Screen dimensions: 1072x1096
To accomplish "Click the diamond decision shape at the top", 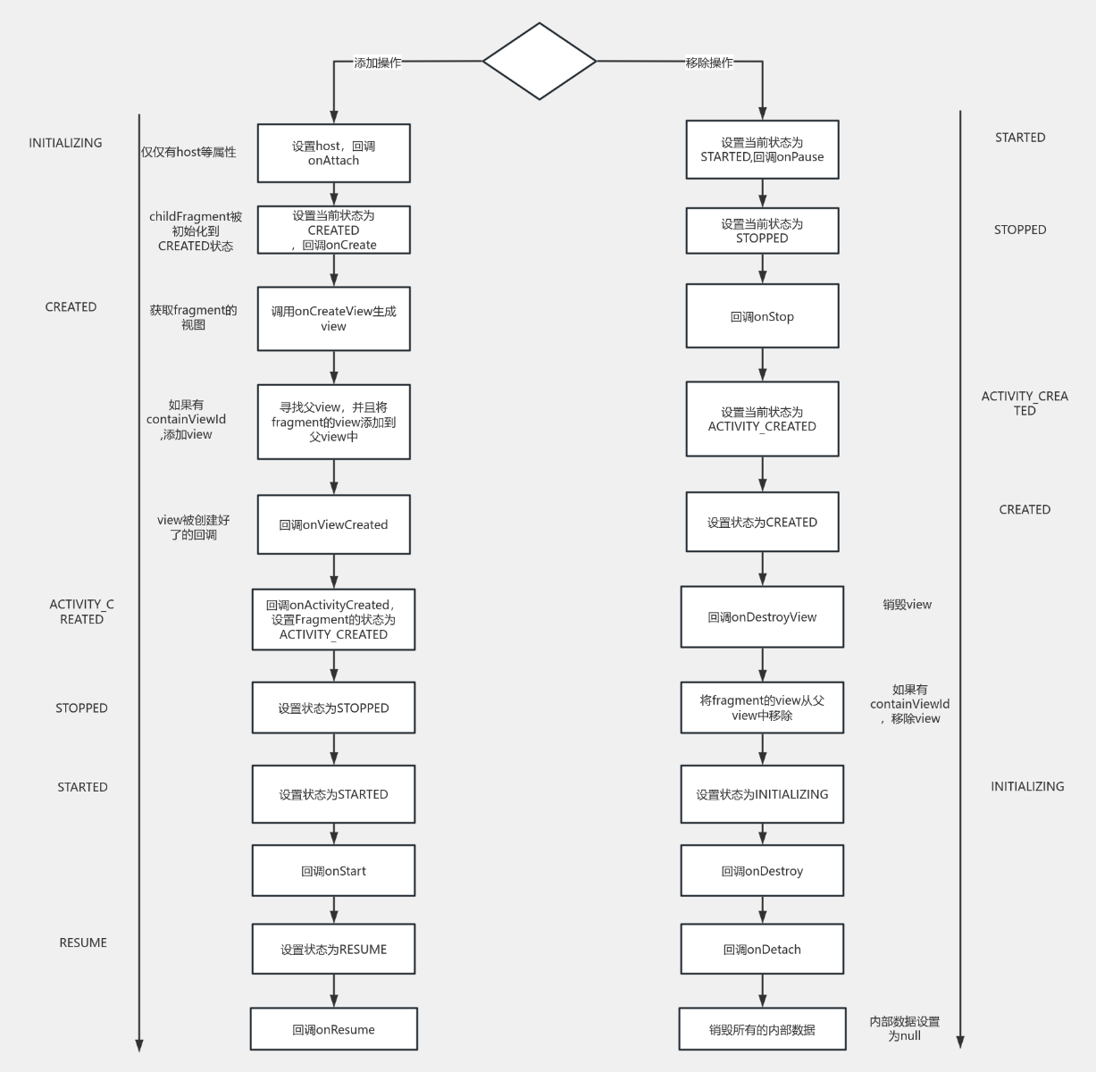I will (539, 62).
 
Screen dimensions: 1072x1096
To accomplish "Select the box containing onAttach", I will (333, 153).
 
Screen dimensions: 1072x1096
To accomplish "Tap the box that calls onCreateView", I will (333, 318).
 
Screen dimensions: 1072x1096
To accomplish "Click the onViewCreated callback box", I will (333, 524).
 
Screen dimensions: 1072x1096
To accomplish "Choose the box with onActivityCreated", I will (333, 619).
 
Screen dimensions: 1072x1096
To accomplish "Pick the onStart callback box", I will (333, 871).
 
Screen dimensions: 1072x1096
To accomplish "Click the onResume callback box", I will (333, 1029).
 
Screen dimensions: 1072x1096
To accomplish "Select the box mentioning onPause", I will (762, 149).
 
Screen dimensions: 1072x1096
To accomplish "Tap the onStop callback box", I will (762, 316).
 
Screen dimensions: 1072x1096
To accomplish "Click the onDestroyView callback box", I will (762, 616).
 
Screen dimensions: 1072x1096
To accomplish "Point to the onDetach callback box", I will (762, 949).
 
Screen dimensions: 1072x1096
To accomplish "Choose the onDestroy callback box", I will (762, 871).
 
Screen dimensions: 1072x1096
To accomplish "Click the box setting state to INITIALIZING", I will (762, 794).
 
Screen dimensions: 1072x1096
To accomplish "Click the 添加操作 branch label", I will (377, 63).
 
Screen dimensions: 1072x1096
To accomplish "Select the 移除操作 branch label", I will (709, 63).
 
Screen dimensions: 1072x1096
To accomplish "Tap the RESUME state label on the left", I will (83, 942).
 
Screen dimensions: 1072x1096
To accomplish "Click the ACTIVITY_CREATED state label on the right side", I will (1025, 403).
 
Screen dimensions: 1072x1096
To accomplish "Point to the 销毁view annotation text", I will (907, 605).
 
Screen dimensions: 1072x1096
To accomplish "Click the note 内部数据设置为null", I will (904, 1028).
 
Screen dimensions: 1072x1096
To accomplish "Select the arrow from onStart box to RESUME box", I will (334, 909).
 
